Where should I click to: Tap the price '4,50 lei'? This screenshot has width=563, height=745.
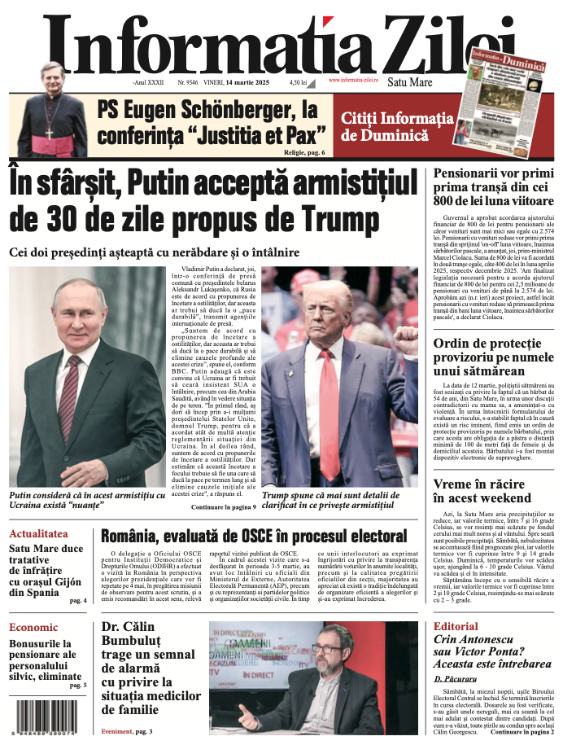coord(299,82)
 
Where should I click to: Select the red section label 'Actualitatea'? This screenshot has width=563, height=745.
coord(38,534)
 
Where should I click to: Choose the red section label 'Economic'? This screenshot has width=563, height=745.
coord(33,627)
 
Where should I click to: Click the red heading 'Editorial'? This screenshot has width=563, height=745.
coord(456,626)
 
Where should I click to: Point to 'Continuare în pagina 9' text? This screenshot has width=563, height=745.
coord(224,506)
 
